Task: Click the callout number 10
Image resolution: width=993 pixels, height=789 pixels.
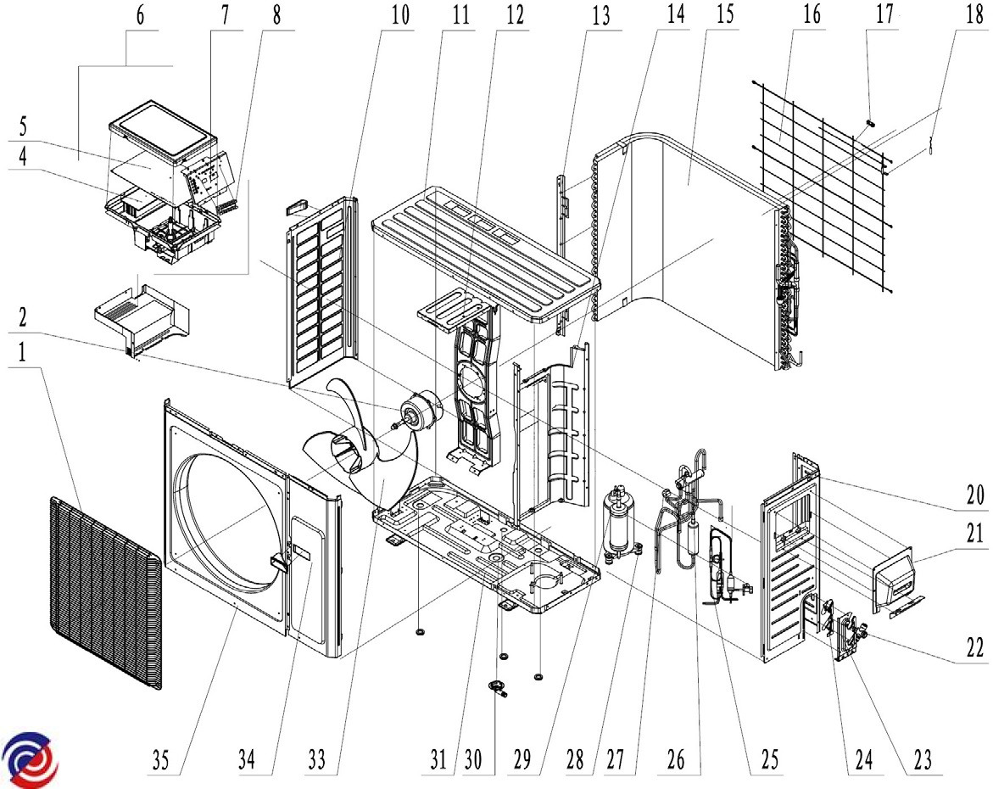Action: click(400, 14)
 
